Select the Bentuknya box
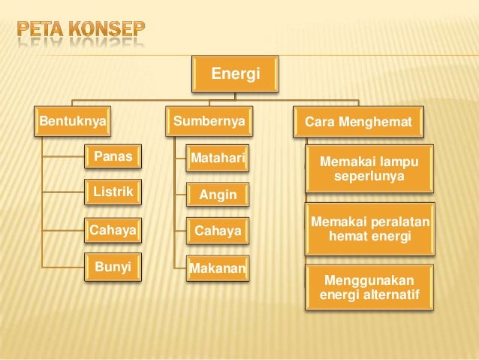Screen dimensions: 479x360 coord(73,121)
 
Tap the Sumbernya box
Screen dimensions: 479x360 coord(209,121)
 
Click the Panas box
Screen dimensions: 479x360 coord(113,158)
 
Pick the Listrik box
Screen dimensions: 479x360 coord(113,193)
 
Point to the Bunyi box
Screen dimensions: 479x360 coord(113,267)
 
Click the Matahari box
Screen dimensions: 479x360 coord(217,159)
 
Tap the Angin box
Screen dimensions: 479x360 coord(217,195)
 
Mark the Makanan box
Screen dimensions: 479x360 coord(218,268)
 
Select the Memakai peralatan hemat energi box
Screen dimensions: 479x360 coord(369,228)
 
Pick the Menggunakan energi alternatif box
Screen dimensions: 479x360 coord(369,287)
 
